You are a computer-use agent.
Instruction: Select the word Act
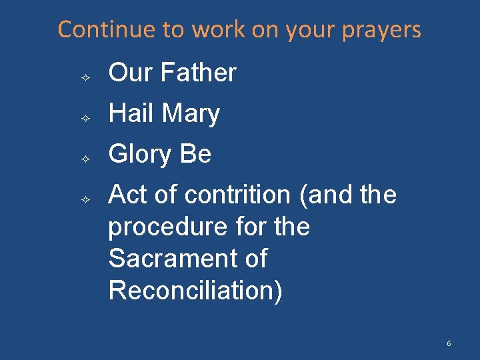tap(128, 195)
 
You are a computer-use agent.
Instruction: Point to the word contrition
tap(237, 195)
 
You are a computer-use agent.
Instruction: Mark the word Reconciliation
tap(195, 290)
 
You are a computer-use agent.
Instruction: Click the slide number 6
tap(449, 343)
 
